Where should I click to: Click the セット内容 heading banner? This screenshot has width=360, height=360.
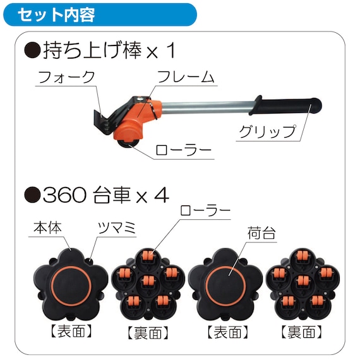[x=100, y=15]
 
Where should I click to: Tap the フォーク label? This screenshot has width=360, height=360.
[x=66, y=77]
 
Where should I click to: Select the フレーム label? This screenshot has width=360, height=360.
[x=186, y=76]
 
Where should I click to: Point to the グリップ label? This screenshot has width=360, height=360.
[x=268, y=131]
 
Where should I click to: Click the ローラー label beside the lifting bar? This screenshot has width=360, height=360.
[x=183, y=150]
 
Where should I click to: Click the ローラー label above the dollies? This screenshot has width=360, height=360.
[x=205, y=210]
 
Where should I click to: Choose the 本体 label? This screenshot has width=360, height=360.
[x=48, y=228]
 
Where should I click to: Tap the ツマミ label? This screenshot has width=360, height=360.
[x=117, y=228]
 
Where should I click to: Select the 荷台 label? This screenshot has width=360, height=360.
[x=261, y=233]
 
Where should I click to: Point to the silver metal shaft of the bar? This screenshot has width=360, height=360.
[x=207, y=107]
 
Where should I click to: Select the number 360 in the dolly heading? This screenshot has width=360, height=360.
[x=65, y=195]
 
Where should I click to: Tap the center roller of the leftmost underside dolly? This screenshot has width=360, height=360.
[x=148, y=282]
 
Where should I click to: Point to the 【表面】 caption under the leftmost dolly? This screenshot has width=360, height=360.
[x=71, y=332]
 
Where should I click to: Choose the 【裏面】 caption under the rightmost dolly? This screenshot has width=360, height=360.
[x=301, y=332]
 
